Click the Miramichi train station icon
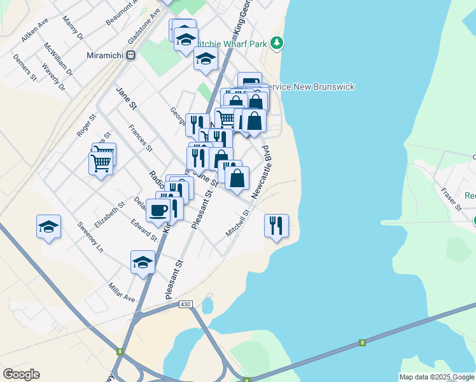click(x=131, y=55)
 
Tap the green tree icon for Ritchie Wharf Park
click(x=277, y=43)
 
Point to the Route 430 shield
click(x=185, y=304)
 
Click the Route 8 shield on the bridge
click(x=362, y=343)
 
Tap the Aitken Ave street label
click(x=34, y=30)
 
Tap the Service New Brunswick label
click(x=309, y=87)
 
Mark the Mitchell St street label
click(x=237, y=226)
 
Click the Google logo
click(x=21, y=374)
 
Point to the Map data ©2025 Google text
click(x=436, y=377)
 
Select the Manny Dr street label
click(x=74, y=29)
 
